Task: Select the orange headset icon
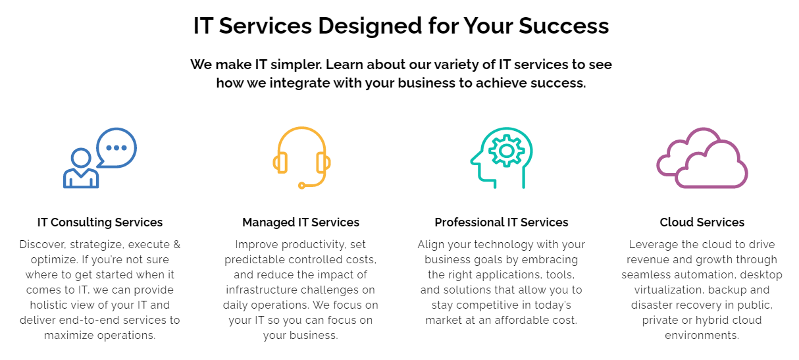[x=302, y=158]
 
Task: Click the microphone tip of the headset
[x=301, y=185]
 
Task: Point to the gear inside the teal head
[x=507, y=151]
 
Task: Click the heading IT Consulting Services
[x=100, y=222]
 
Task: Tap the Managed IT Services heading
[x=301, y=222]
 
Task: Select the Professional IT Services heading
[x=501, y=222]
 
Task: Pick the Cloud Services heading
[x=702, y=222]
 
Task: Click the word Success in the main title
[x=564, y=26]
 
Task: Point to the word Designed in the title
[x=370, y=26]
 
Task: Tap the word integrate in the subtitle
[x=299, y=83]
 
